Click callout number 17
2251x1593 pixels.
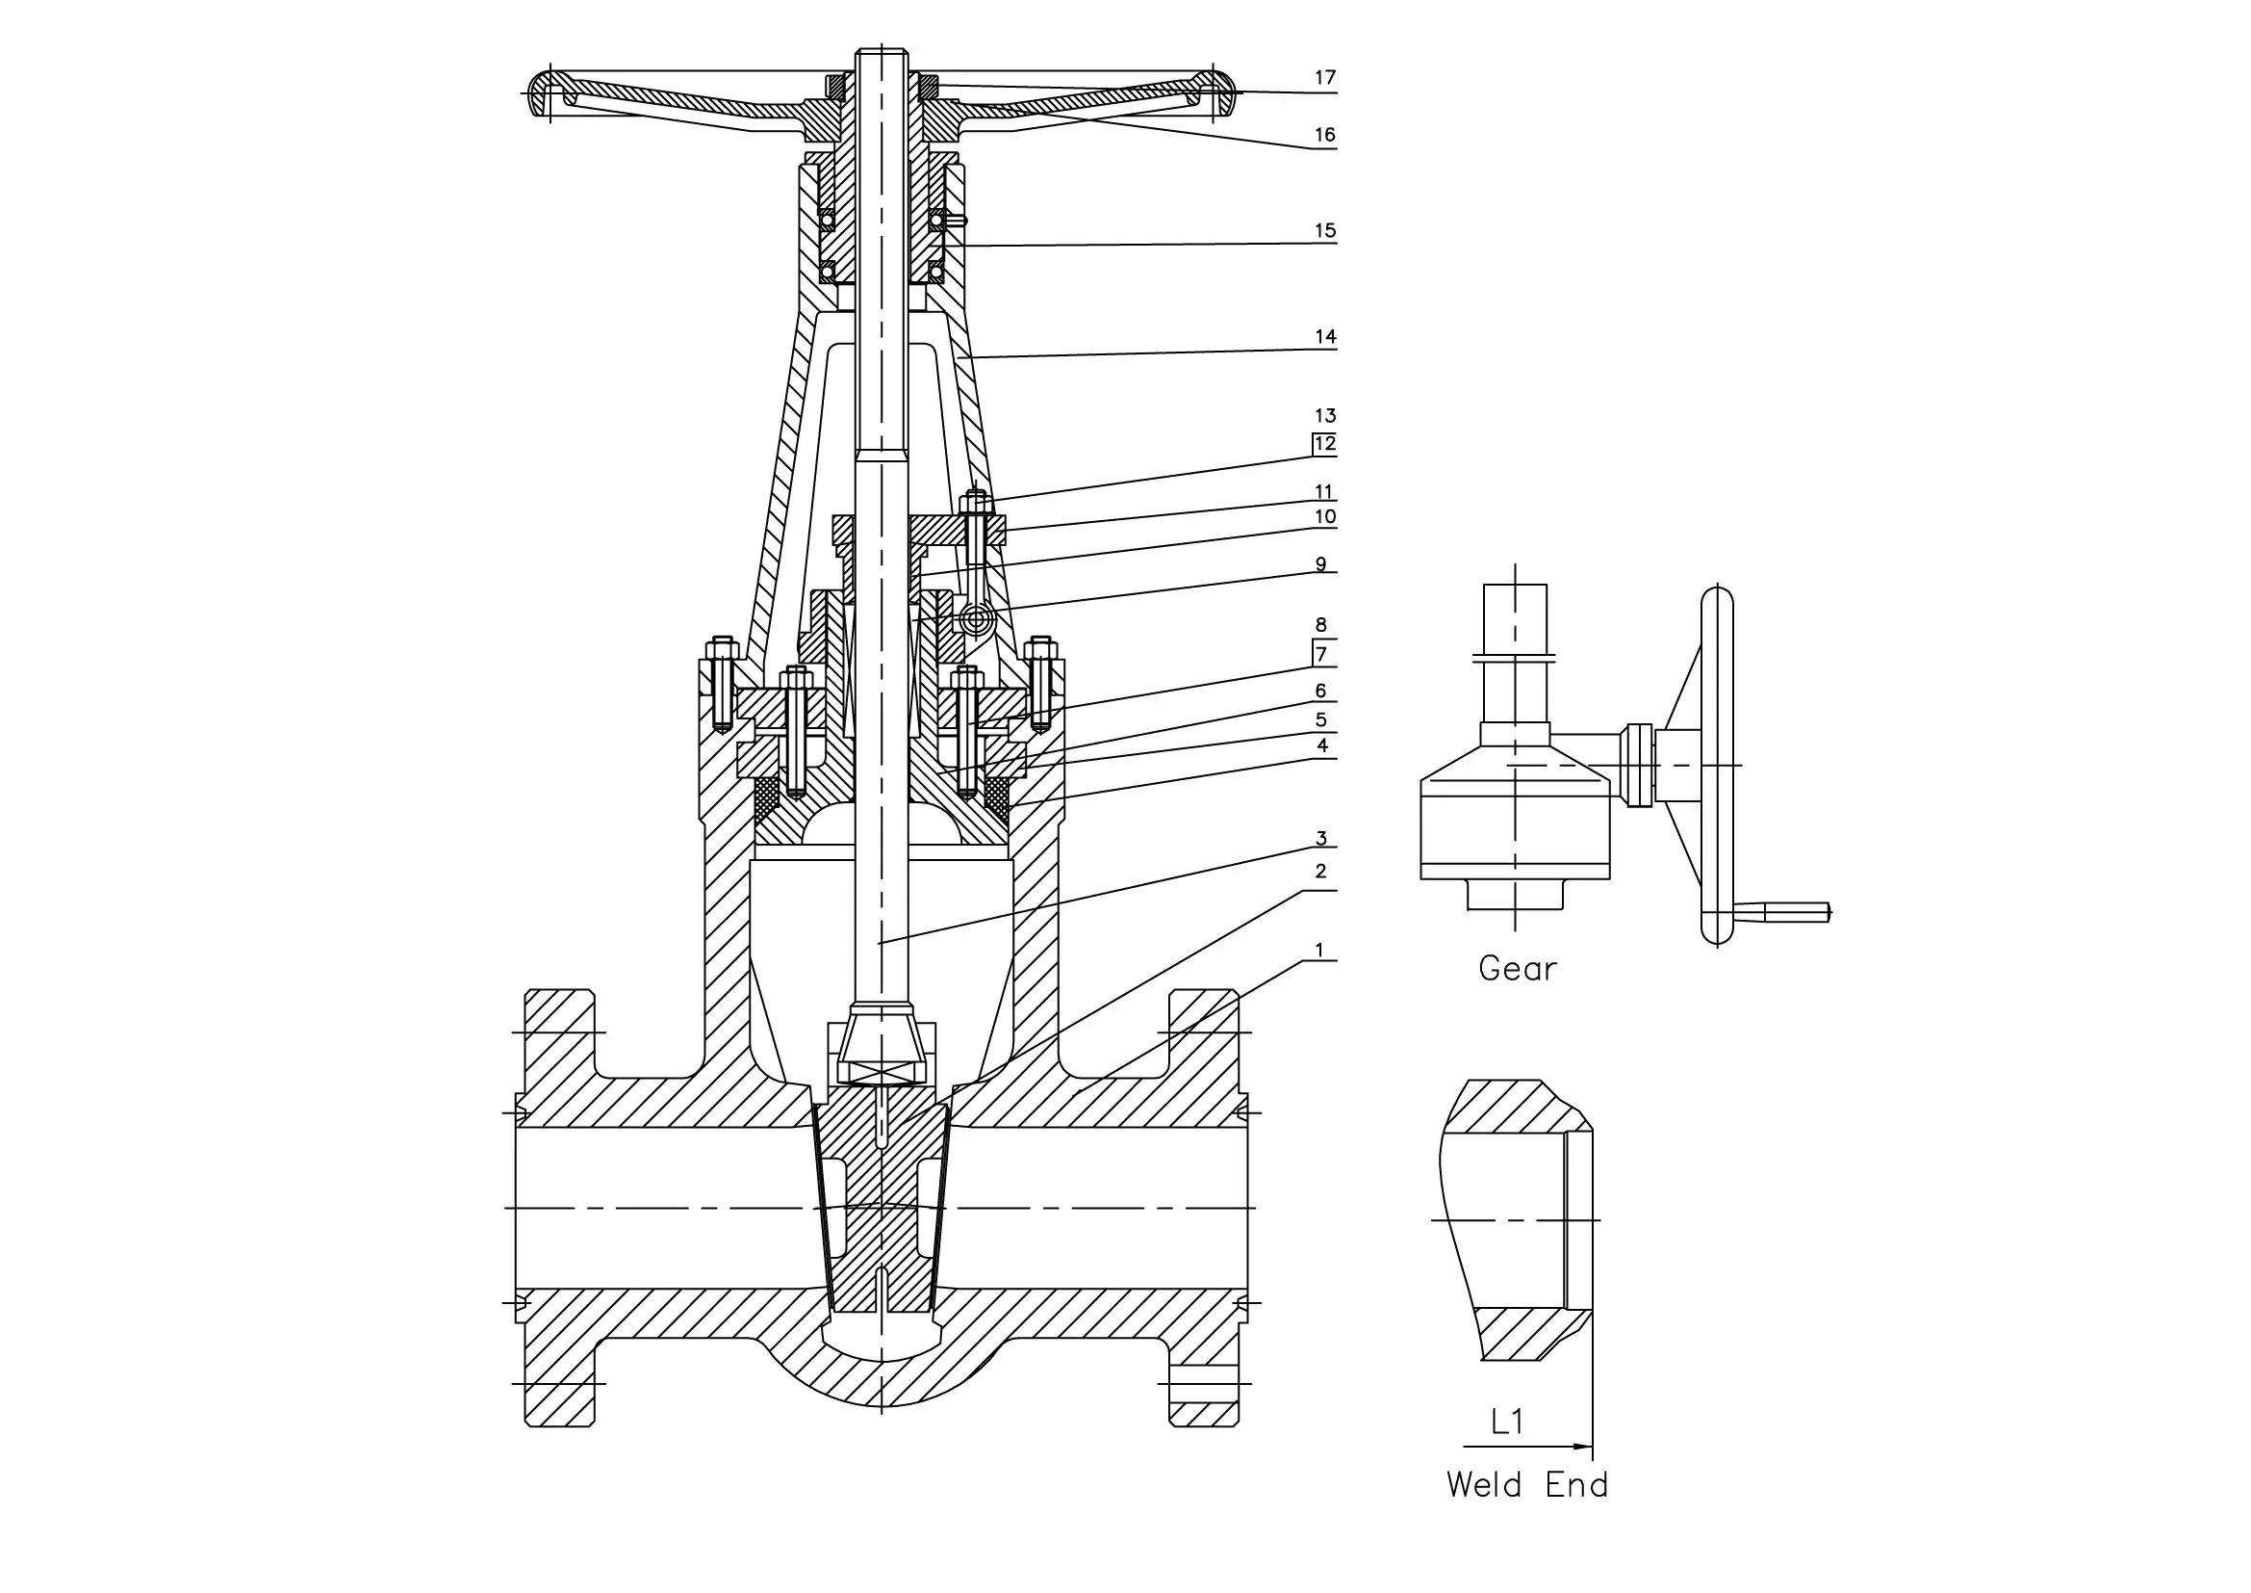click(x=1324, y=77)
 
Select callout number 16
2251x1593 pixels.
click(x=1324, y=136)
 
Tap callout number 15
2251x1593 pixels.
click(x=1324, y=231)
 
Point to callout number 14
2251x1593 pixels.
click(x=1324, y=337)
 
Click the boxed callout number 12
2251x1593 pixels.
click(x=1324, y=444)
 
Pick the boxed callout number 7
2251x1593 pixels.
click(x=1321, y=654)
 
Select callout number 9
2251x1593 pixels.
click(x=1320, y=564)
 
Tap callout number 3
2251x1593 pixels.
click(x=1320, y=839)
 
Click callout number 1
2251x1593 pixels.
click(x=1319, y=951)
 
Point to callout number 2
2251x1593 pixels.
click(x=1320, y=871)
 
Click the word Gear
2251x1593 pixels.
click(x=1517, y=969)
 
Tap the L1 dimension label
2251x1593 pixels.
click(x=1507, y=1422)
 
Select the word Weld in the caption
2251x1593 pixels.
click(x=1484, y=1485)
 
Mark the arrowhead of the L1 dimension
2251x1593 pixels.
click(x=1581, y=1446)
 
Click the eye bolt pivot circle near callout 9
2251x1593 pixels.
click(x=975, y=619)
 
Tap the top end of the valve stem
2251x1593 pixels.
click(x=882, y=51)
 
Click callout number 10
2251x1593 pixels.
click(x=1324, y=517)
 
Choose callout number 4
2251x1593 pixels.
click(x=1321, y=745)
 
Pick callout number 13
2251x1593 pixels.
click(x=1324, y=416)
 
